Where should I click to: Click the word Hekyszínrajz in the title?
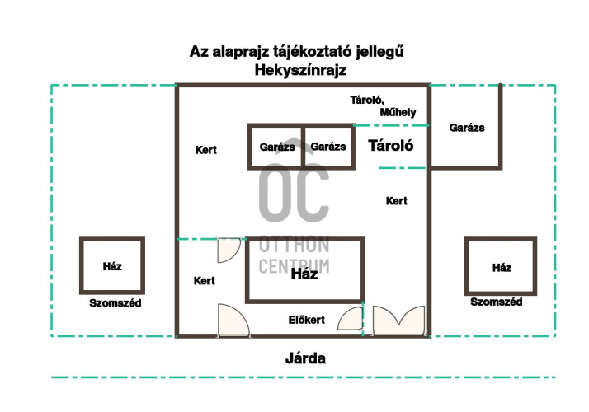click(x=300, y=70)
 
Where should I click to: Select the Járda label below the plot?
click(x=305, y=358)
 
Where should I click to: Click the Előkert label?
click(x=307, y=320)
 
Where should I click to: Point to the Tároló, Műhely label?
click(x=383, y=106)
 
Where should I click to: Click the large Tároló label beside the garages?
click(x=391, y=146)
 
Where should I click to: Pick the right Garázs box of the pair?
click(x=328, y=147)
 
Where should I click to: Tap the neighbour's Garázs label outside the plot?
click(x=467, y=128)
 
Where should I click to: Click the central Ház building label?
click(x=304, y=274)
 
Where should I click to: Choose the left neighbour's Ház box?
click(x=112, y=265)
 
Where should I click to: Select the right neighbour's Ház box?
click(x=501, y=266)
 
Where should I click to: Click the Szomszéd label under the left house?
click(x=115, y=302)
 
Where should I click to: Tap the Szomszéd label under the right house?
click(x=497, y=302)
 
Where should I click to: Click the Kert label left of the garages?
click(x=206, y=150)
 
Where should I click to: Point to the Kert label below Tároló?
click(x=397, y=201)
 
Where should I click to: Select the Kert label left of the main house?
click(x=205, y=281)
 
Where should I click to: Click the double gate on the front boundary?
click(x=398, y=320)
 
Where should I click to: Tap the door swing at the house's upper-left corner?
click(x=229, y=250)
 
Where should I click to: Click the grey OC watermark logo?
click(x=294, y=188)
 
